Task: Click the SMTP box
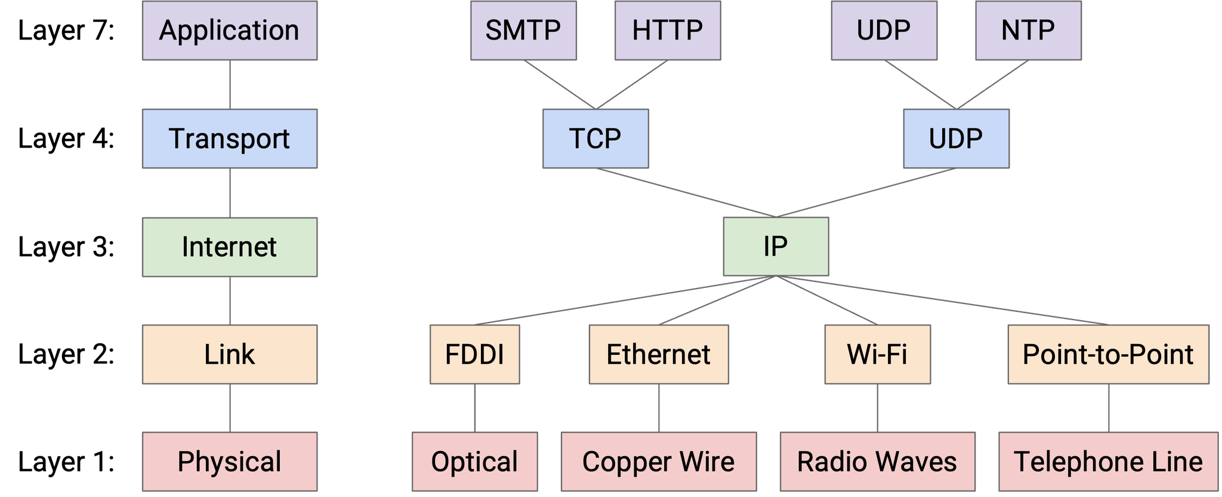[523, 30]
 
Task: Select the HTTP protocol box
[667, 30]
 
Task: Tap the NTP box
[1027, 30]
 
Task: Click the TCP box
[595, 139]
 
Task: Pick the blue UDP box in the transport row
[955, 139]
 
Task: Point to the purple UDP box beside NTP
[883, 30]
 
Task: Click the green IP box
[775, 247]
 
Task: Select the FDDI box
[474, 354]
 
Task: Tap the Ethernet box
[658, 354]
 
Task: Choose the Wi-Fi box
[877, 354]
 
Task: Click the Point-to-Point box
[1107, 354]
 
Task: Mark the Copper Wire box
[658, 462]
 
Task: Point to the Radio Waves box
[877, 462]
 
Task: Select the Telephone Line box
[1108, 462]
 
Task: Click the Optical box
[474, 462]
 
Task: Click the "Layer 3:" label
[66, 247]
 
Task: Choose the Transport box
[230, 139]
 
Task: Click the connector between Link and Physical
[230, 408]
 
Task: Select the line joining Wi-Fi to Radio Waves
[878, 408]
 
